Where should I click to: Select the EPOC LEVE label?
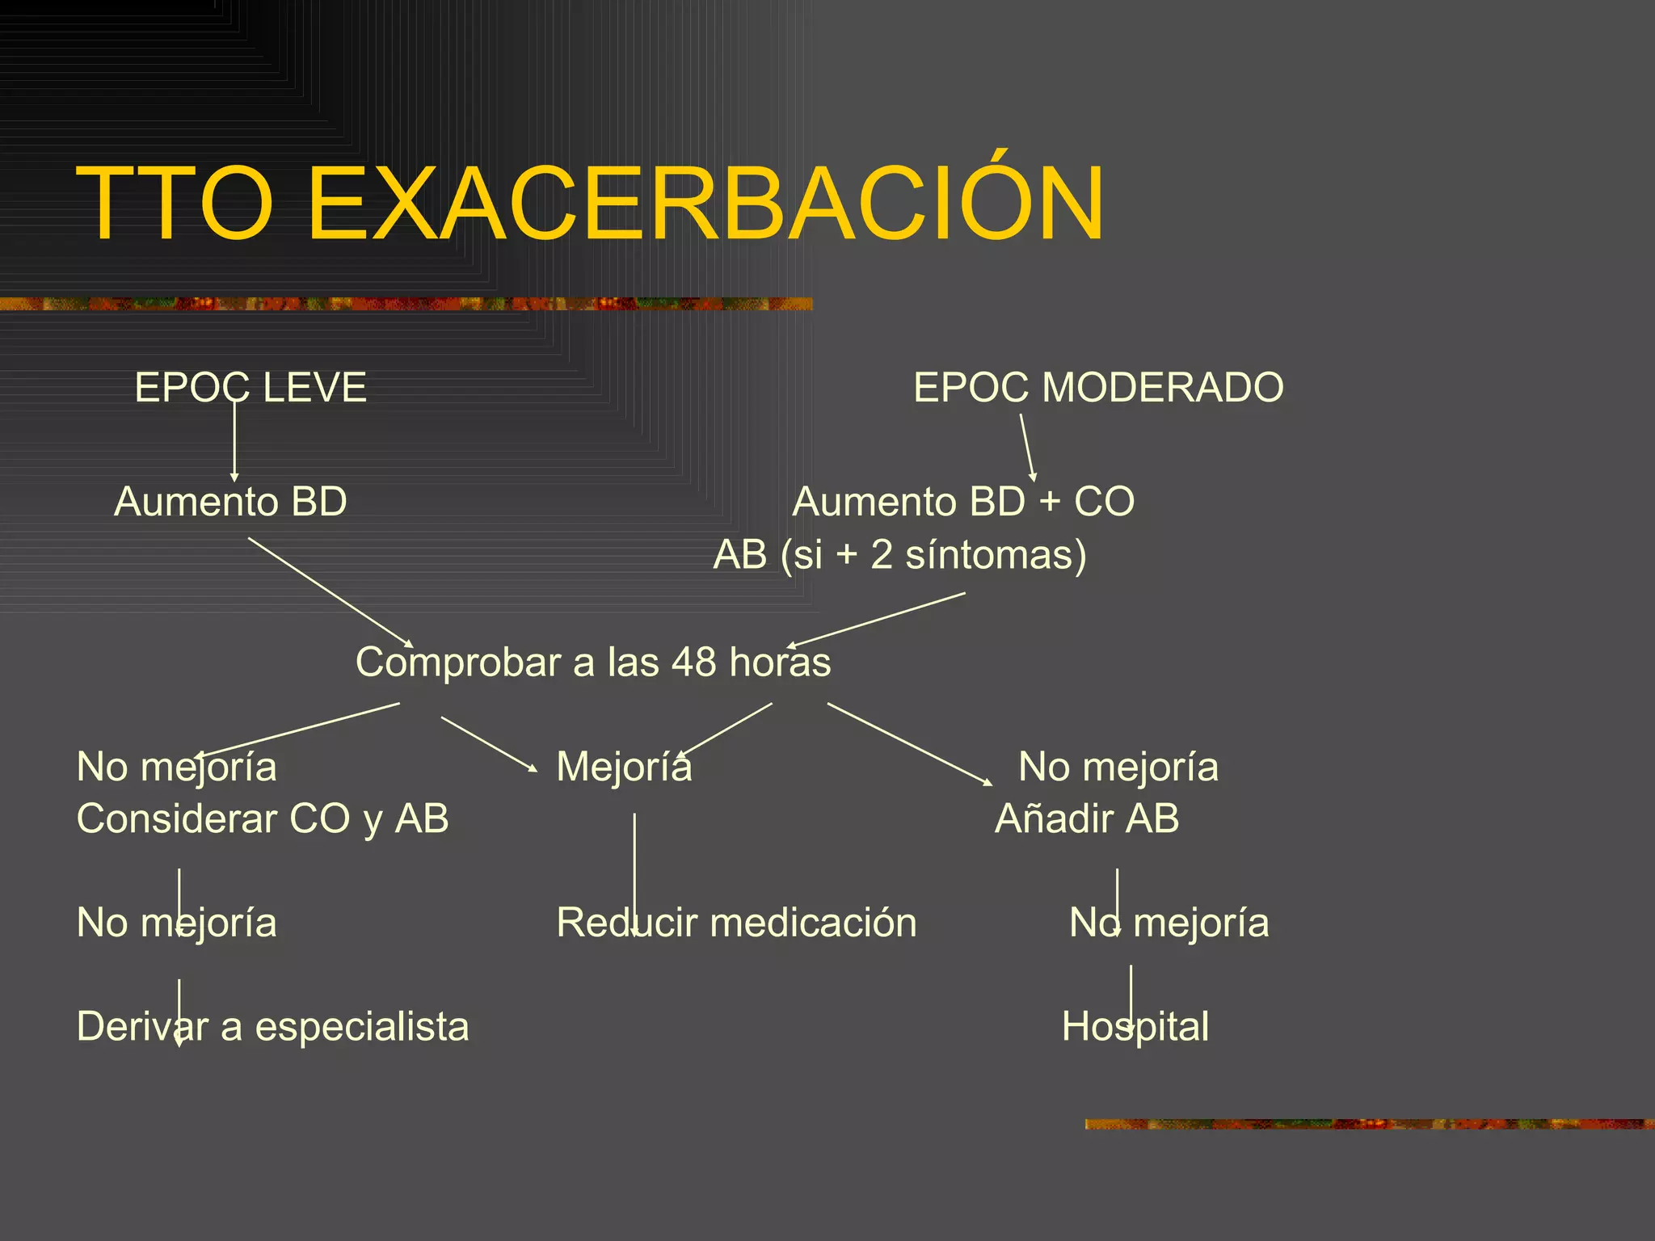point(251,387)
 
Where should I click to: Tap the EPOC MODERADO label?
point(1098,387)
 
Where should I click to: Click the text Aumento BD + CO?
point(963,502)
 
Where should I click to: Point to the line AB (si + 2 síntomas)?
point(899,555)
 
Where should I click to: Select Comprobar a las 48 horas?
point(593,663)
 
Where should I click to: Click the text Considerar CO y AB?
point(263,818)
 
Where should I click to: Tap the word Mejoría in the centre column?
point(624,767)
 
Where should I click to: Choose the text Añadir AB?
point(1087,818)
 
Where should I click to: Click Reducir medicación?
point(736,923)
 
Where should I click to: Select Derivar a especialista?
point(272,1027)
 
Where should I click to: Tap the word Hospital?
point(1135,1027)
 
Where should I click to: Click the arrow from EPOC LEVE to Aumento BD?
point(234,440)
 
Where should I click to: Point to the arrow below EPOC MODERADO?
point(1027,448)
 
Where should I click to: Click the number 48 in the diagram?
point(693,663)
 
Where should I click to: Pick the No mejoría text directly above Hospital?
point(1169,923)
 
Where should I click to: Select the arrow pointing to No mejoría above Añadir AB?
point(909,744)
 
